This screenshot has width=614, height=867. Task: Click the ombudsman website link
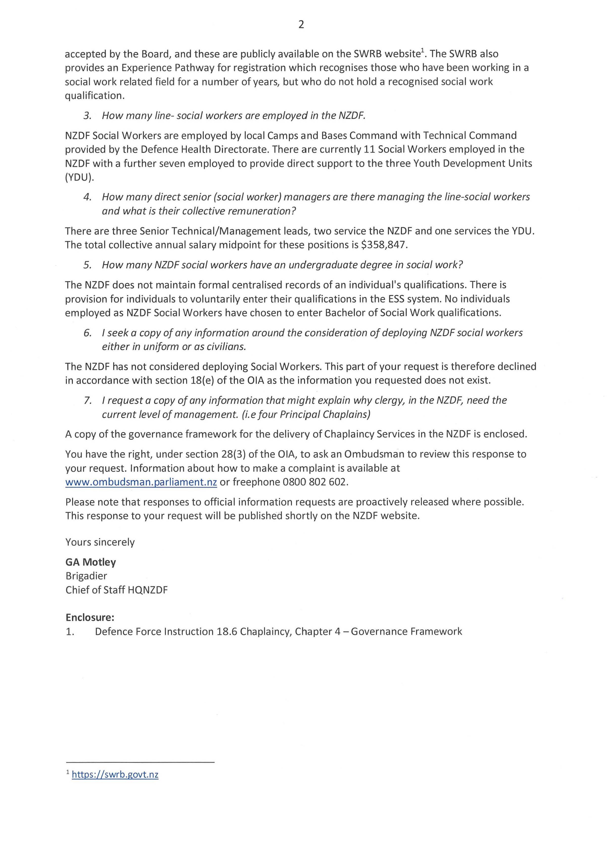point(141,482)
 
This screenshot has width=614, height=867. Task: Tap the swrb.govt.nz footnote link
point(115,774)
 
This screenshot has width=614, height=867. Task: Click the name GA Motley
point(91,562)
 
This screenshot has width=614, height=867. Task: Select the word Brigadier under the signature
point(86,576)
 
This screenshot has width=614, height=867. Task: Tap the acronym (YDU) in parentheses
point(79,178)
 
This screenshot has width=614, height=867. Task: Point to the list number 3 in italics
point(87,116)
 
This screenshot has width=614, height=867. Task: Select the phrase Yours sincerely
point(100,542)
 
